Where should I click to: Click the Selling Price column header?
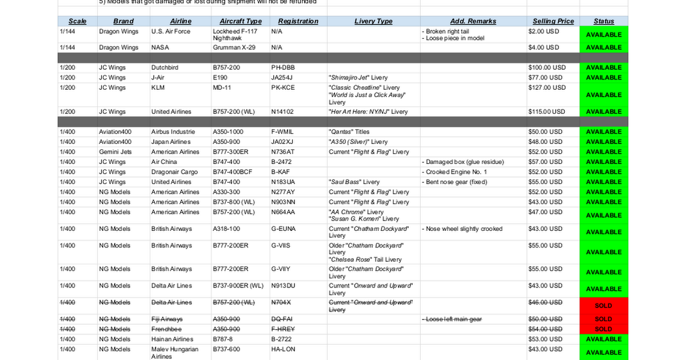coord(553,21)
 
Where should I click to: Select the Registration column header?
coord(298,21)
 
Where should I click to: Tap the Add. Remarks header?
coord(473,21)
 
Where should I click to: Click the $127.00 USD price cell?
coord(547,87)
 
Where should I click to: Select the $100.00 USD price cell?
coord(547,67)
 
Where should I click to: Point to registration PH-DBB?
coord(282,67)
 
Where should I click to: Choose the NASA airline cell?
coord(160,47)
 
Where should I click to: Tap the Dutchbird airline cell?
coord(165,67)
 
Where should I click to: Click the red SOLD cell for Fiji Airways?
coord(603,319)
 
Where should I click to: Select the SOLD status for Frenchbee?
coord(603,329)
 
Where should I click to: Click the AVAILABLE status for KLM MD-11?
coord(603,95)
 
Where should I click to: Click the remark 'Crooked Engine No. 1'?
coord(456,172)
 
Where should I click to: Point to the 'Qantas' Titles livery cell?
coord(349,132)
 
